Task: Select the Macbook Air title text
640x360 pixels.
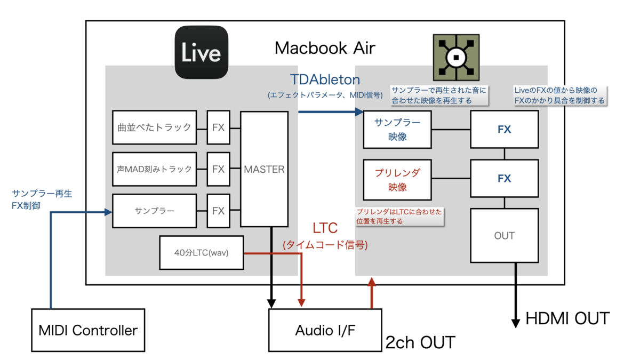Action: coord(325,48)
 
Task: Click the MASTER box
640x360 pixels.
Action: coord(264,169)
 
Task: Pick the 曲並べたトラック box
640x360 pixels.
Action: coord(154,127)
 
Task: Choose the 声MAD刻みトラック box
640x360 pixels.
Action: coord(154,169)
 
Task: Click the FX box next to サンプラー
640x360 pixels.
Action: coord(218,211)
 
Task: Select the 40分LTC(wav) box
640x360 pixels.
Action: coord(202,252)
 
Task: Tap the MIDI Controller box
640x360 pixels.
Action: coord(88,330)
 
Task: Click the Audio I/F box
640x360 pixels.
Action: coord(325,331)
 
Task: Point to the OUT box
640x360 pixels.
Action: coord(504,235)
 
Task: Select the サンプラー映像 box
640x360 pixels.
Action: coord(397,129)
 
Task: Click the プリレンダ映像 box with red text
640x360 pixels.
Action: coord(397,179)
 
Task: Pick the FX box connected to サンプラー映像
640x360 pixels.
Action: coord(504,130)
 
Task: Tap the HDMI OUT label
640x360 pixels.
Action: coord(567,319)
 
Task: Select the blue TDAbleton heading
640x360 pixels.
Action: coord(325,80)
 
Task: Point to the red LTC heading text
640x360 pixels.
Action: coord(325,228)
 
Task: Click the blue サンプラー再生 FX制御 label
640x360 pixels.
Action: coord(42,199)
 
